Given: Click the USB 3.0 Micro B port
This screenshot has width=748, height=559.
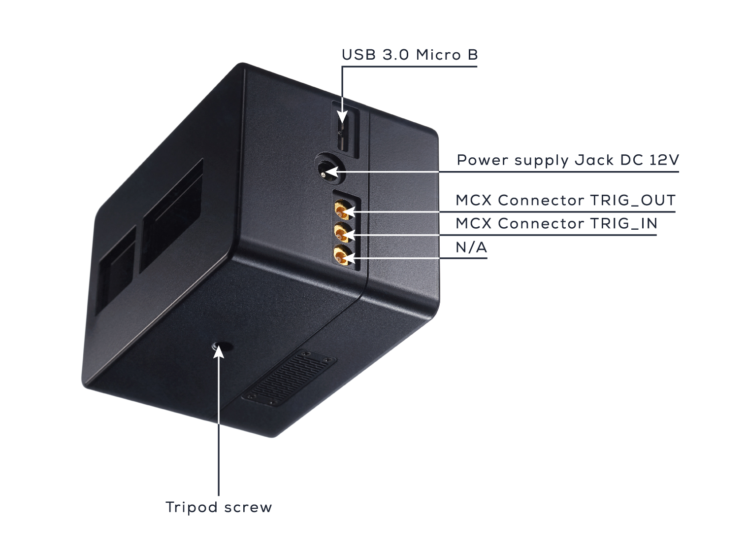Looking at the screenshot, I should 343,129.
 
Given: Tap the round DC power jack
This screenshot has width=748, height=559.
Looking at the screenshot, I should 328,169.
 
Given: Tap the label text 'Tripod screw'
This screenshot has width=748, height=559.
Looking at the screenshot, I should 219,507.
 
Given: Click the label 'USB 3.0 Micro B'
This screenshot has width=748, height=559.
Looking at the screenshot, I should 410,55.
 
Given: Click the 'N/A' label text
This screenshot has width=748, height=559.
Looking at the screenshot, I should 471,247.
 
